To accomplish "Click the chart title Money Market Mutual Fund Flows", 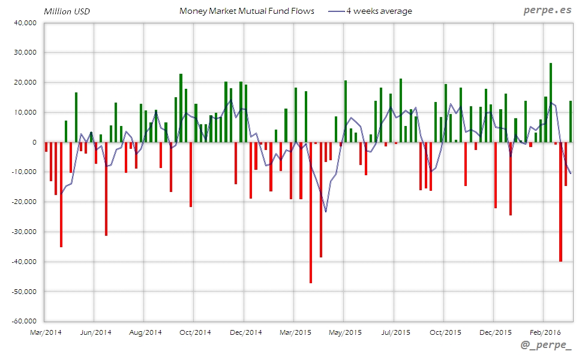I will click(247, 11).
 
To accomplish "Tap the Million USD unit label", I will click(67, 11).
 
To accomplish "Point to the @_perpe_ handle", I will click(547, 345).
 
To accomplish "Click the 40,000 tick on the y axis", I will click(25, 23).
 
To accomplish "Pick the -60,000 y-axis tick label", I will click(23, 321).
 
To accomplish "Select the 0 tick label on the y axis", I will click(34, 142).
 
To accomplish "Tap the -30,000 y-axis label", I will click(23, 232).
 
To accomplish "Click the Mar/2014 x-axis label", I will click(45, 332).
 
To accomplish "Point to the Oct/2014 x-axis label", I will click(194, 332).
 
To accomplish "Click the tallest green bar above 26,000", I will click(551, 103).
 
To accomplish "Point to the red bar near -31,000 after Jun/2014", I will click(106, 188).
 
